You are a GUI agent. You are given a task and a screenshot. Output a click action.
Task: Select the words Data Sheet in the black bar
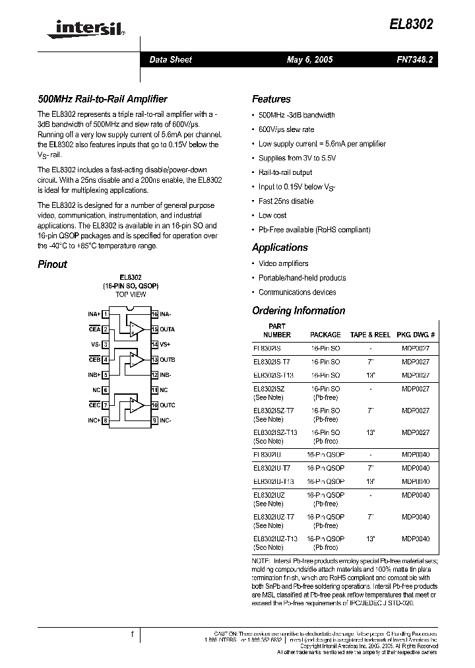tap(170, 59)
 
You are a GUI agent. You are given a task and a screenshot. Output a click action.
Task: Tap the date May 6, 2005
tap(309, 59)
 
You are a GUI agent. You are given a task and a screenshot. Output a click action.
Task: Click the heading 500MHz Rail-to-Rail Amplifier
tap(102, 99)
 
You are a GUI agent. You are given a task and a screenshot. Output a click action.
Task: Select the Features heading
tap(271, 99)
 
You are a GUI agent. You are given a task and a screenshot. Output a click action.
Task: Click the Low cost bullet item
tap(272, 215)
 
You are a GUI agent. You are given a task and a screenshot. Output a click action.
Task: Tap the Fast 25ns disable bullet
tap(286, 201)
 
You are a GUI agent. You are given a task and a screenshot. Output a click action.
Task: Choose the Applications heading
tap(280, 248)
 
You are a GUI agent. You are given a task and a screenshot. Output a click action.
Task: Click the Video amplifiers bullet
tap(283, 263)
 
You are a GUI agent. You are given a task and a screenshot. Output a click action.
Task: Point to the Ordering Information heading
tap(298, 311)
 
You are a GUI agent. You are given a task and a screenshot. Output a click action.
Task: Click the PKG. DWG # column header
tap(416, 335)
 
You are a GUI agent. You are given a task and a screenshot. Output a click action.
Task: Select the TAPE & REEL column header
tap(370, 335)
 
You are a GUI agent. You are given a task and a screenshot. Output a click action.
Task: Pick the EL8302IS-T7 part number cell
tap(271, 362)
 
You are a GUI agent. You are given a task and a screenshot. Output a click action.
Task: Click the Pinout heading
tap(52, 264)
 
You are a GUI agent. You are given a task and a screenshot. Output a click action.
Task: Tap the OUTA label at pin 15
tap(168, 329)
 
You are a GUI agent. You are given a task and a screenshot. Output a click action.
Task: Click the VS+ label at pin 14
tap(165, 345)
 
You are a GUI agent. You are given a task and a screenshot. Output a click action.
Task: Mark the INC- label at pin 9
tap(166, 420)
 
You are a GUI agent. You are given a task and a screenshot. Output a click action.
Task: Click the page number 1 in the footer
tap(132, 634)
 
